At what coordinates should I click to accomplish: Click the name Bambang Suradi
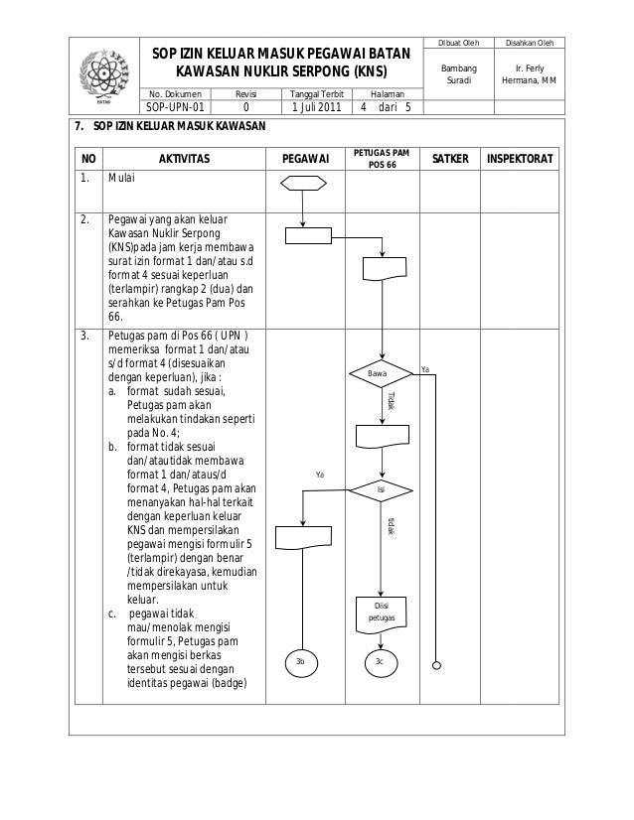pos(460,73)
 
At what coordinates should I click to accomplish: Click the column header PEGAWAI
pos(306,158)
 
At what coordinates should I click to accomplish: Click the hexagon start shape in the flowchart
pos(305,183)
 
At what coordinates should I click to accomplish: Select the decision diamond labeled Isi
pos(381,489)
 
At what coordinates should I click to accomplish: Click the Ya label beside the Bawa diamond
pos(424,369)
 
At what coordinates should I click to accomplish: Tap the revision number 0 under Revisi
pos(245,108)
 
